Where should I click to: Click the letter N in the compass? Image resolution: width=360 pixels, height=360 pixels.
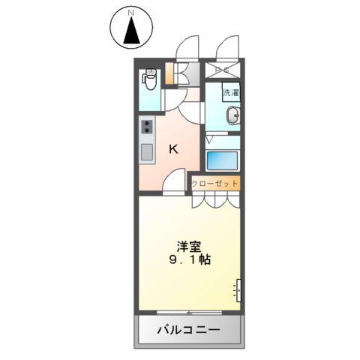pos(131,13)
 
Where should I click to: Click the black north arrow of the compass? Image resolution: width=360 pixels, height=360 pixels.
pos(131,31)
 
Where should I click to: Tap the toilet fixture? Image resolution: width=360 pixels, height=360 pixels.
pos(150,79)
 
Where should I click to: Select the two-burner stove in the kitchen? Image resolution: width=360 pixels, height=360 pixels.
pos(146,127)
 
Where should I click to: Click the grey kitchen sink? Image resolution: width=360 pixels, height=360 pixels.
pos(146,150)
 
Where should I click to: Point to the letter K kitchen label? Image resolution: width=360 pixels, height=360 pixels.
pos(173,149)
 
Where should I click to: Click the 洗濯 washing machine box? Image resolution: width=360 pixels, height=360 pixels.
pos(230,93)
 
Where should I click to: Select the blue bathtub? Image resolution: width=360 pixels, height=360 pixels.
pos(222,160)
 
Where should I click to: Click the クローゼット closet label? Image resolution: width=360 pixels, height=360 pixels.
pos(216,183)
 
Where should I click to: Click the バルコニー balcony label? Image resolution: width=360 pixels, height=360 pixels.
pos(188,329)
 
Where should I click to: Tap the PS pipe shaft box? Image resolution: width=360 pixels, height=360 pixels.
pos(223,72)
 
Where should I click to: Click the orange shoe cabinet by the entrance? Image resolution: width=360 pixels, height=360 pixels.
pos(169,73)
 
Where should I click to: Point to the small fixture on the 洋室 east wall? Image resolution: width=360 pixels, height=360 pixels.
pos(238,289)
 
